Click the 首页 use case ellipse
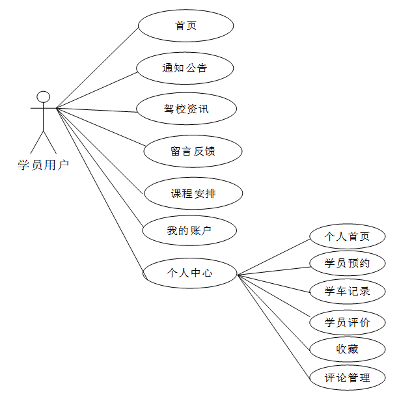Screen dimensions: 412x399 [185, 26]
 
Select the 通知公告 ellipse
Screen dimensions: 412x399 [185, 68]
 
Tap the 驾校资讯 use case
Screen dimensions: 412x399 [186, 109]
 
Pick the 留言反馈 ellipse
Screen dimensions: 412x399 [193, 152]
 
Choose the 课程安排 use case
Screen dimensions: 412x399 [193, 193]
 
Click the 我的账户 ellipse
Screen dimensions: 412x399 [189, 230]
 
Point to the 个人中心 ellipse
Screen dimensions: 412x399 [189, 273]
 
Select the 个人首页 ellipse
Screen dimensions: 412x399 [348, 236]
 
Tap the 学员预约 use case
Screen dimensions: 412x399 [348, 264]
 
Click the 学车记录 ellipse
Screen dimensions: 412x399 [348, 291]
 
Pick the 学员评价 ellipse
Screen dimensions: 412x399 [348, 322]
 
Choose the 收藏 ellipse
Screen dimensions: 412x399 [348, 350]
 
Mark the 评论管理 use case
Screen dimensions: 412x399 [348, 378]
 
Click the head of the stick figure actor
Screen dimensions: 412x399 [44, 98]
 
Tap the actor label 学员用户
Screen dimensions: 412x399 [43, 165]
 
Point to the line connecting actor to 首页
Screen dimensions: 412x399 [97, 68]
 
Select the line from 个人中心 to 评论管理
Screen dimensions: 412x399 [273, 325]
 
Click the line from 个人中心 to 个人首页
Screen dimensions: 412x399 [273, 256]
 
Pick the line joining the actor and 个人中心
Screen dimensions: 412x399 [100, 189]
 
